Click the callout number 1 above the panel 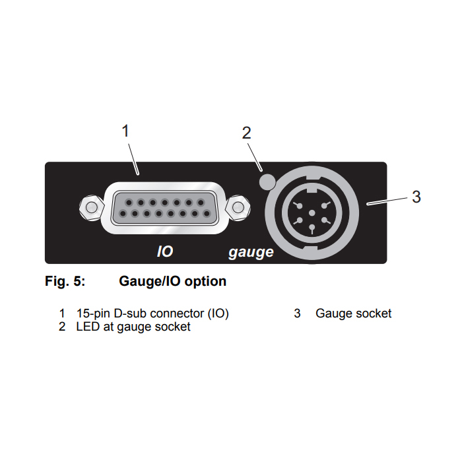[125, 131]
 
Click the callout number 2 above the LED [247, 133]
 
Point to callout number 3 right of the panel [416, 197]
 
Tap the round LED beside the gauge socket [267, 181]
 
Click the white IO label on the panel [165, 251]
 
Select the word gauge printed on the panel [251, 253]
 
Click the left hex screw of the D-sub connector [91, 207]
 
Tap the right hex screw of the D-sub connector [238, 207]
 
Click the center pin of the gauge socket [312, 213]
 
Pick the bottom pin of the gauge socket [312, 228]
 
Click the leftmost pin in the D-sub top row [129, 203]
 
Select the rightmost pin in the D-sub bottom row [207, 214]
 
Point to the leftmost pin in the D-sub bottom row [123, 214]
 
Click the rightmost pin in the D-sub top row [201, 203]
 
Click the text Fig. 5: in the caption [65, 281]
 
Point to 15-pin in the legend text [93, 313]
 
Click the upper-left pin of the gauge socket [298, 205]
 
